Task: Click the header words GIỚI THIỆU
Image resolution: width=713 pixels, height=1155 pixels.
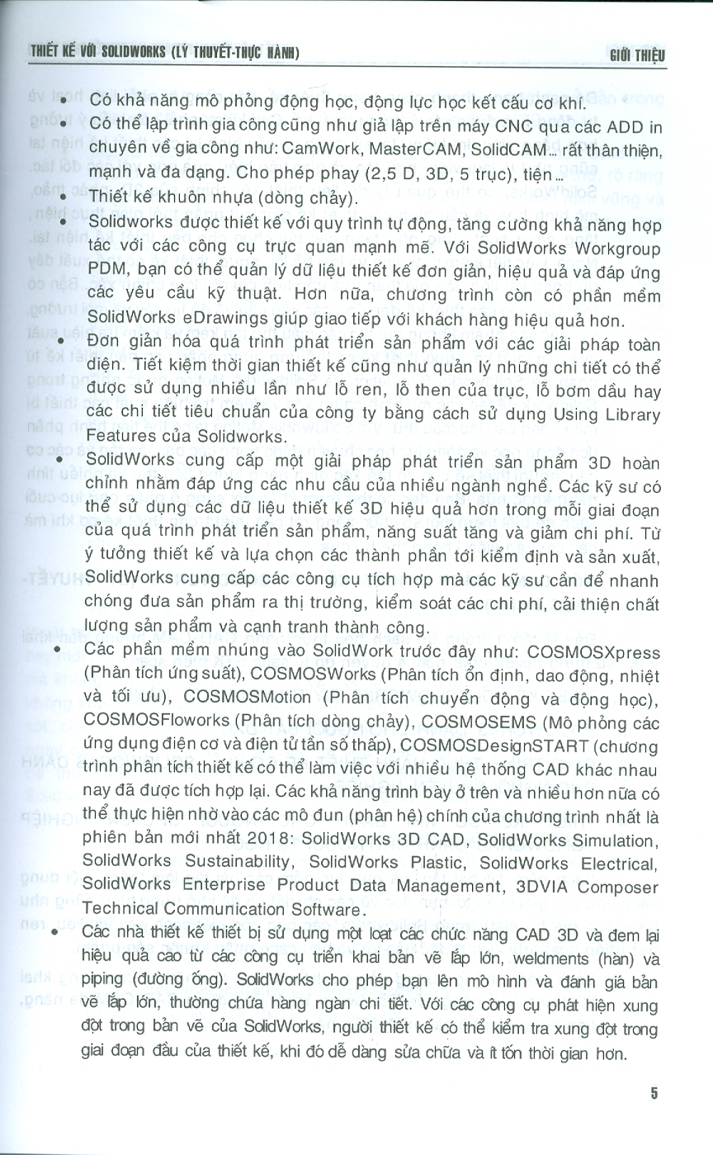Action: pyautogui.click(x=635, y=54)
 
